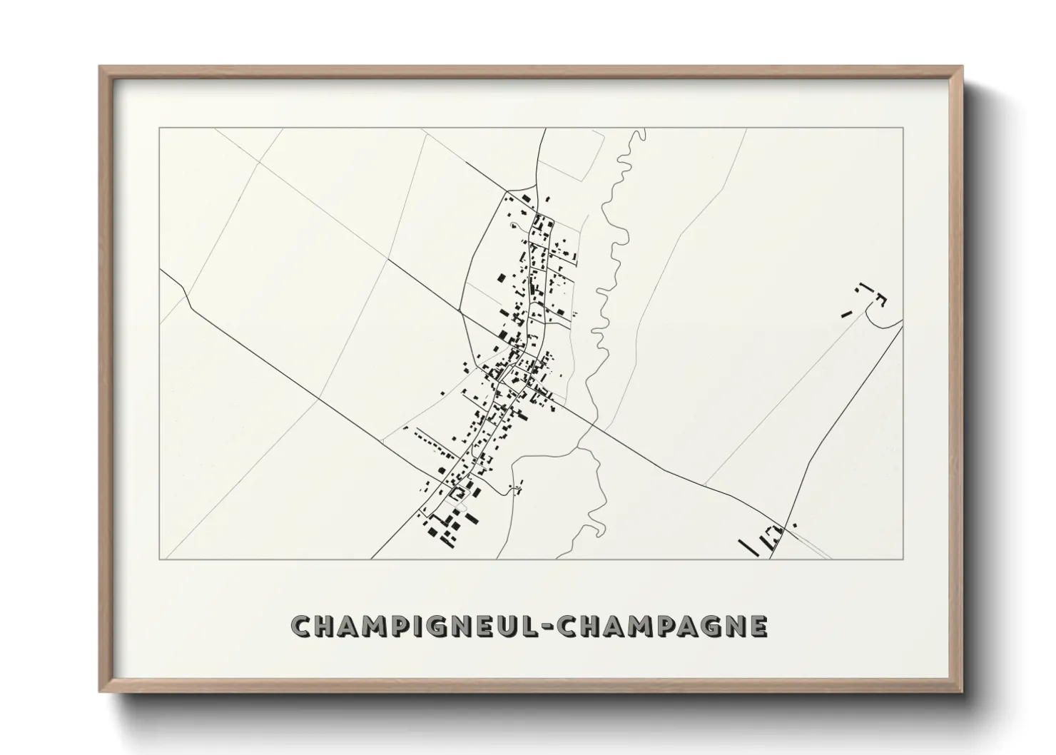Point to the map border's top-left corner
point(159,128)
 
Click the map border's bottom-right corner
point(903,558)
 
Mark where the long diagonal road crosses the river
point(592,423)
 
